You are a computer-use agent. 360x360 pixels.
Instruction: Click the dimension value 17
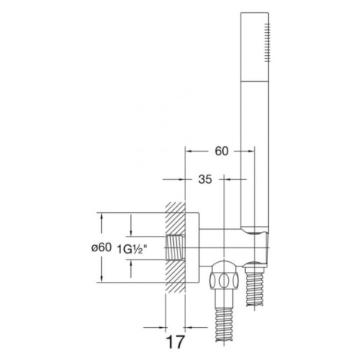175,342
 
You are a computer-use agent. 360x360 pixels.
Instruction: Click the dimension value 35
205,179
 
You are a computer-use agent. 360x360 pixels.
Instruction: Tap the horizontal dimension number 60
221,151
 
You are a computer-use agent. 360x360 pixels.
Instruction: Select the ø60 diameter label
101,247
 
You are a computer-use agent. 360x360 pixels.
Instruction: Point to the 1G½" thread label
133,249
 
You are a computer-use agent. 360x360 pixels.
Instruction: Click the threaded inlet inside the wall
175,248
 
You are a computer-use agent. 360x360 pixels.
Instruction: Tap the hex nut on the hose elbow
224,280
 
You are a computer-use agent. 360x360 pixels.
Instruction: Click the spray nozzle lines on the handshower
267,42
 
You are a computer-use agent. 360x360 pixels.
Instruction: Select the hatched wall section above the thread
175,219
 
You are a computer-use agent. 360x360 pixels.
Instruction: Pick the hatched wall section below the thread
175,277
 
